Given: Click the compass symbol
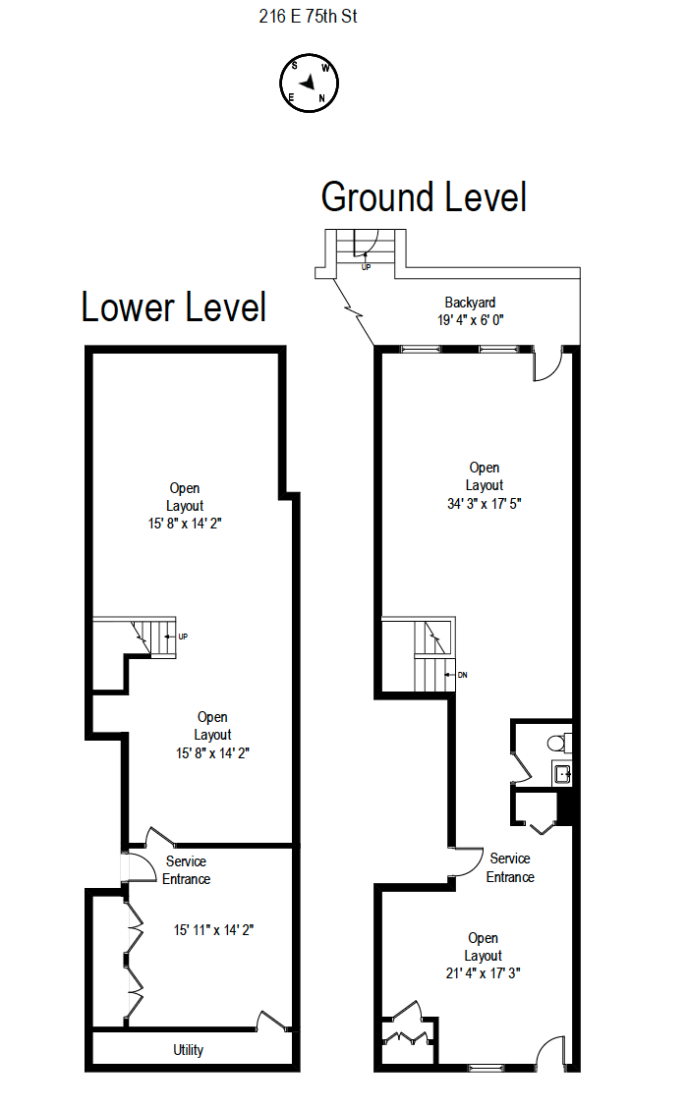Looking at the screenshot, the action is click(310, 84).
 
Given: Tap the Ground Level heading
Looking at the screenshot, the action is click(424, 197).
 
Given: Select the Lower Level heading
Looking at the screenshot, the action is click(173, 307).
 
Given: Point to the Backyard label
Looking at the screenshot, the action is click(470, 303).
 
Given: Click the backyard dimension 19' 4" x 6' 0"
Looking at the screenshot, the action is click(471, 320).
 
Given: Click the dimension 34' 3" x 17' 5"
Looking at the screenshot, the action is click(484, 503).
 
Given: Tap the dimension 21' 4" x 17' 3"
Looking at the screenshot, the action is click(484, 973).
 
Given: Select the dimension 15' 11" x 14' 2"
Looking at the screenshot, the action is click(213, 929).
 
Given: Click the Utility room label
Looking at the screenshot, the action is click(189, 1050).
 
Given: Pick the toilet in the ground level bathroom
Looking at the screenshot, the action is click(556, 742).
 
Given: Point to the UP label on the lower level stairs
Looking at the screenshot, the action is click(183, 637).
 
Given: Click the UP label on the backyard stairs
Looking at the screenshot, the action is click(367, 266).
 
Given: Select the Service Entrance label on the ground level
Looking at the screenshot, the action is click(510, 868).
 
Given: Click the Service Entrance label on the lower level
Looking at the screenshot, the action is click(186, 870).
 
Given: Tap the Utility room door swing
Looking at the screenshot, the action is click(268, 1020).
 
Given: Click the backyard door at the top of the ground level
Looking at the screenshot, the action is click(547, 365).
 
